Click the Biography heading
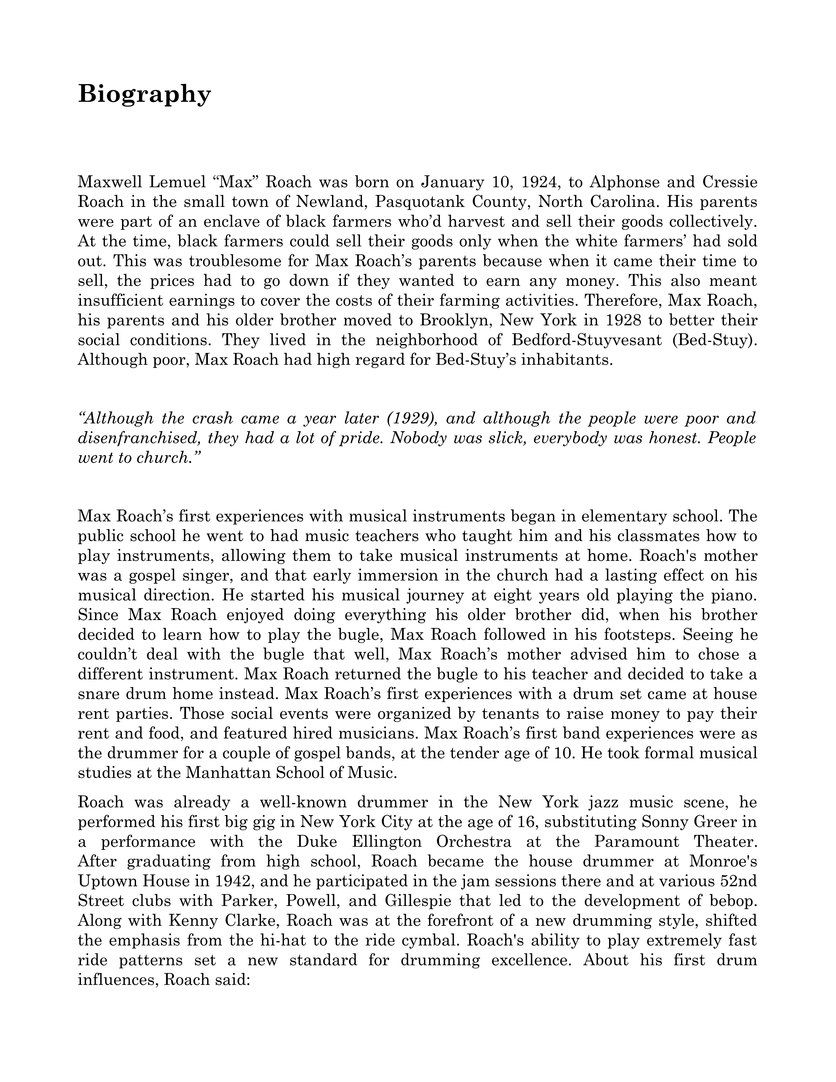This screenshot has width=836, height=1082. [x=144, y=94]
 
